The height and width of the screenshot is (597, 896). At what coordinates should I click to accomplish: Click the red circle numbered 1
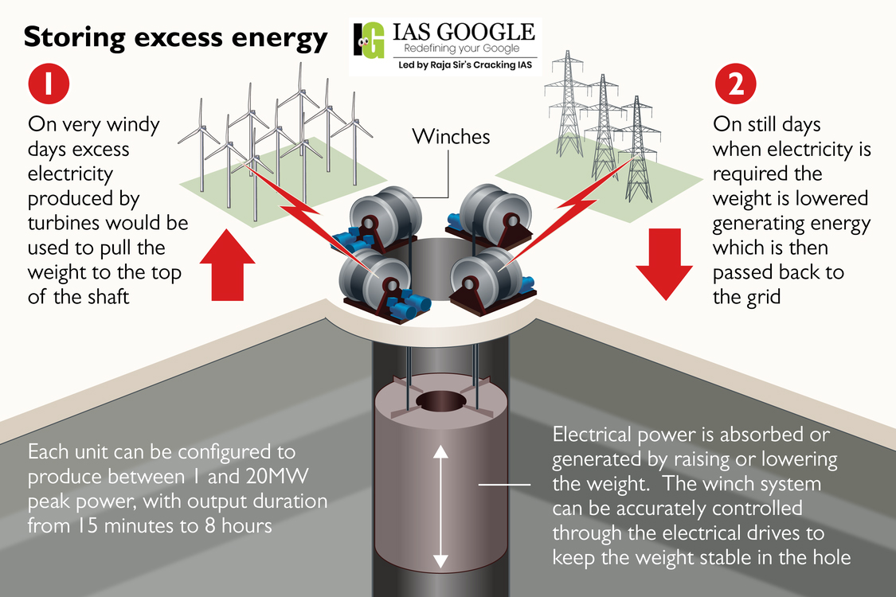[x=49, y=86]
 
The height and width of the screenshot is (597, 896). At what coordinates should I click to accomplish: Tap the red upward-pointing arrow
[x=228, y=264]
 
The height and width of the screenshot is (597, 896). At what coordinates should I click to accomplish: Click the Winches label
[x=450, y=137]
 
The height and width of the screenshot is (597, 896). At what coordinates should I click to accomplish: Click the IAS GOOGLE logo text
[x=464, y=32]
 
